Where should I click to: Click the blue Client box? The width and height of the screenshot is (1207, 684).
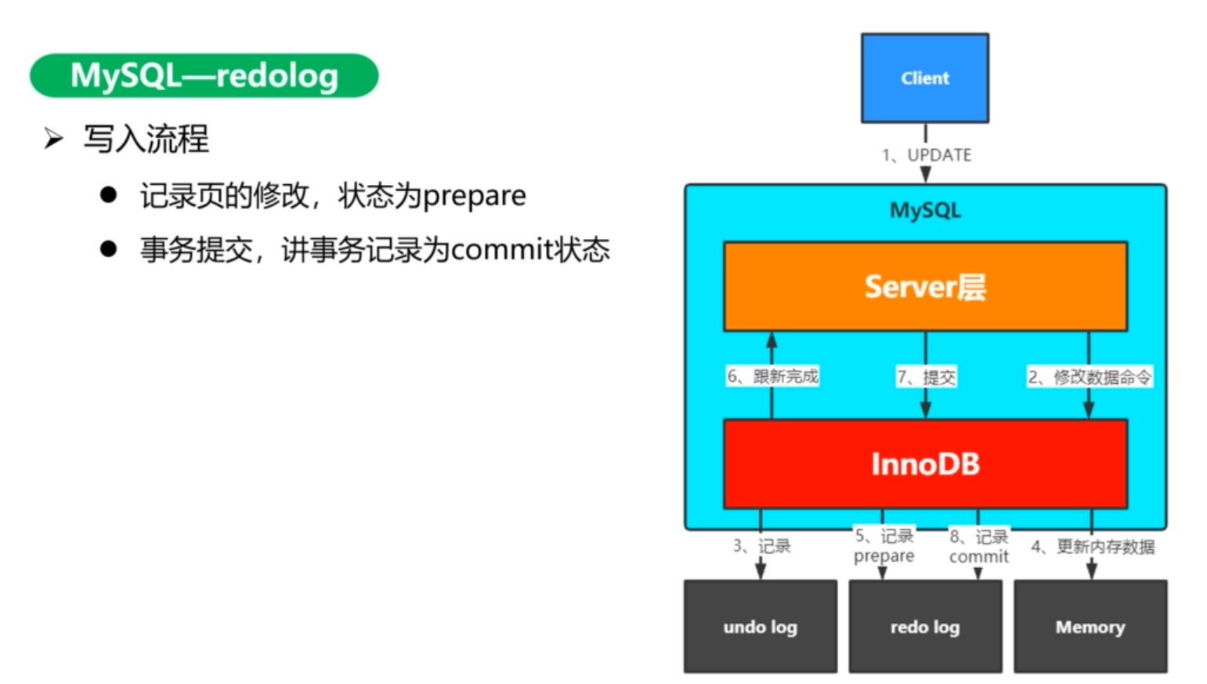point(924,78)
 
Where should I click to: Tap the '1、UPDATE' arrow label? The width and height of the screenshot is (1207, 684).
point(927,155)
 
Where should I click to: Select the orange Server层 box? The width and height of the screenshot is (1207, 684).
point(925,287)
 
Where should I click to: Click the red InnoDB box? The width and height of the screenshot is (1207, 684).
point(925,464)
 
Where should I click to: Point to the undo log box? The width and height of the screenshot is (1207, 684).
point(760,627)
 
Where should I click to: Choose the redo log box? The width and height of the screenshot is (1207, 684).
point(925,627)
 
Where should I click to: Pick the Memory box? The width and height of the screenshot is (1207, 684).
point(1090,627)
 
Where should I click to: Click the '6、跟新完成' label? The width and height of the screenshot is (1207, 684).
point(772,377)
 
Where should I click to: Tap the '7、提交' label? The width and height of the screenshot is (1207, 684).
point(927,378)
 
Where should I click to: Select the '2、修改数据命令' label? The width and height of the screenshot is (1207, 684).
point(1090,378)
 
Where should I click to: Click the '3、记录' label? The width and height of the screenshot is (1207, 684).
point(762,546)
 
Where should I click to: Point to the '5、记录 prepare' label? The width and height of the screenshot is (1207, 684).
point(884,546)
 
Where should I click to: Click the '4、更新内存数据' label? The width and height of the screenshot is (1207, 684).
point(1093,547)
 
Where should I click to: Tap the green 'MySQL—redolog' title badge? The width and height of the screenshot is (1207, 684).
point(204,76)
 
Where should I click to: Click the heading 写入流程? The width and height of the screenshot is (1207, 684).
point(146,139)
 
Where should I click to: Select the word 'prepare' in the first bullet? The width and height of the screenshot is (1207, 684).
point(475,196)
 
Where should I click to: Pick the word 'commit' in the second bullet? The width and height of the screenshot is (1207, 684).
point(502,250)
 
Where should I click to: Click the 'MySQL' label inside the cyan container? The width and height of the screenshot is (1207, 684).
point(925,211)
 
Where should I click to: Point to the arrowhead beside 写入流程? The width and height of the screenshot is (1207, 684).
point(53,139)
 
